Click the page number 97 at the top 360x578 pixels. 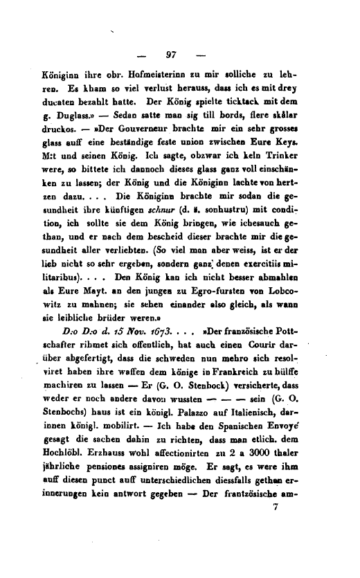[x=173, y=54]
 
